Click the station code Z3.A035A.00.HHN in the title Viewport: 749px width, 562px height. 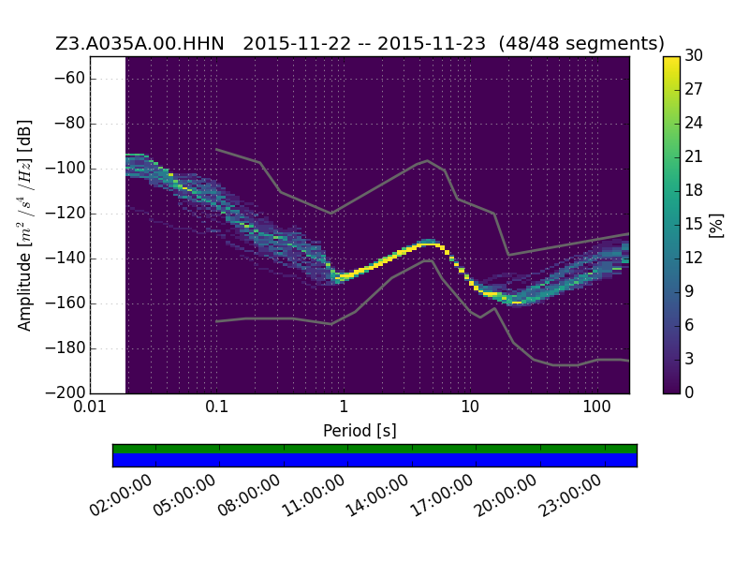[140, 43]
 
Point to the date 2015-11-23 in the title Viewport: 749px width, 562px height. [432, 43]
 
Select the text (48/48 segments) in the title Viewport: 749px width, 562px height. [581, 43]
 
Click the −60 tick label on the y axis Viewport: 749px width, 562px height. [69, 79]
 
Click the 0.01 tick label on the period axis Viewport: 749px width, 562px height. [90, 407]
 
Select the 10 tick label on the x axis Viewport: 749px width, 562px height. [470, 407]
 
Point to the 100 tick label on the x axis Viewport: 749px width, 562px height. [596, 407]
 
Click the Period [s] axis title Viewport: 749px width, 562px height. [360, 431]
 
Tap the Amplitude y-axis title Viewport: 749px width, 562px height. [24, 225]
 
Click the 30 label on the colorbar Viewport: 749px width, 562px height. [694, 55]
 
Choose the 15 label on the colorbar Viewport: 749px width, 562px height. [694, 224]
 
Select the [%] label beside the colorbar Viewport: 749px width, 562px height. [716, 225]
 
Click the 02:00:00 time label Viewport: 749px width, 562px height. [121, 495]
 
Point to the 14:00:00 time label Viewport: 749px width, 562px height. [376, 495]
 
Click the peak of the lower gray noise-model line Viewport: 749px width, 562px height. [429, 260]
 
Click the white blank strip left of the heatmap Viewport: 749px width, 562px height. [108, 225]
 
